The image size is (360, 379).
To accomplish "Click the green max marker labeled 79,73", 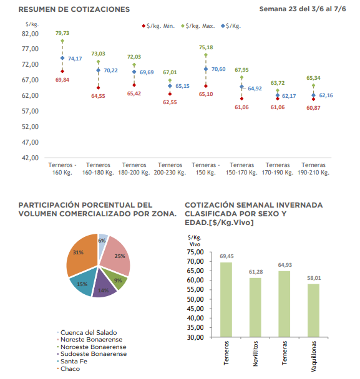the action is click(62, 41).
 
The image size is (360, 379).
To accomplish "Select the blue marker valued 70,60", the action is click(206, 69).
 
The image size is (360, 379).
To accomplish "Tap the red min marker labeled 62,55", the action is click(170, 94).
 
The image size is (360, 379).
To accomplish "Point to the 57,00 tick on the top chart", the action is click(30, 111).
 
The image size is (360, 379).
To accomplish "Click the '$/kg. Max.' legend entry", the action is click(198, 26).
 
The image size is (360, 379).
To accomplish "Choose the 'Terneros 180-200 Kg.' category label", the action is click(134, 169).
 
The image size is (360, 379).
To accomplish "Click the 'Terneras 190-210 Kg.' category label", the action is click(314, 169).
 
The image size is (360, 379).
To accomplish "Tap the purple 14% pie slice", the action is click(104, 285).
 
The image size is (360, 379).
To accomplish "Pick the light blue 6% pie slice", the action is click(103, 239).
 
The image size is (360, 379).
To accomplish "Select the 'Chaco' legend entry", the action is click(69, 369).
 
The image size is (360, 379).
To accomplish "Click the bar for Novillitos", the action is click(255, 307).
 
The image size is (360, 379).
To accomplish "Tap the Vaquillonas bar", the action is click(314, 310).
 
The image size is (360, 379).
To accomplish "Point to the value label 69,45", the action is click(226, 256).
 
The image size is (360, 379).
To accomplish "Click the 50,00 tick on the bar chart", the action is click(195, 299).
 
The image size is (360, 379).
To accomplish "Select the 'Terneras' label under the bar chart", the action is click(285, 353).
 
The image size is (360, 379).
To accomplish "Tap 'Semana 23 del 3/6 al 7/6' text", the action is click(303, 9).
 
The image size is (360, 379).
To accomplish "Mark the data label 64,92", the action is click(255, 89).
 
